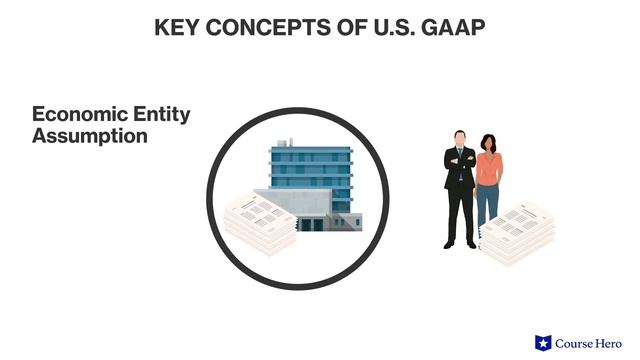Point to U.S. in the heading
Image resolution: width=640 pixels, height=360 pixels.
coord(380,28)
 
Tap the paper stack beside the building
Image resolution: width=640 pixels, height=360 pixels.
coord(255,220)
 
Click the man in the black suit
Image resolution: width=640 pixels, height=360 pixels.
coord(460,190)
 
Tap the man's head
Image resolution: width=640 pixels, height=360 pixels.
coord(460,139)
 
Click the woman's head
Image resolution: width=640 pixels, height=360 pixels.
coord(488,143)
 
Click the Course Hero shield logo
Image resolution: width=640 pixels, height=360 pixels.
coord(544,343)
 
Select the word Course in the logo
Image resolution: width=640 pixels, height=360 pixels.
coord(576,343)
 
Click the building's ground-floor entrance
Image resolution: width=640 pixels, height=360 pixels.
coord(312,224)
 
